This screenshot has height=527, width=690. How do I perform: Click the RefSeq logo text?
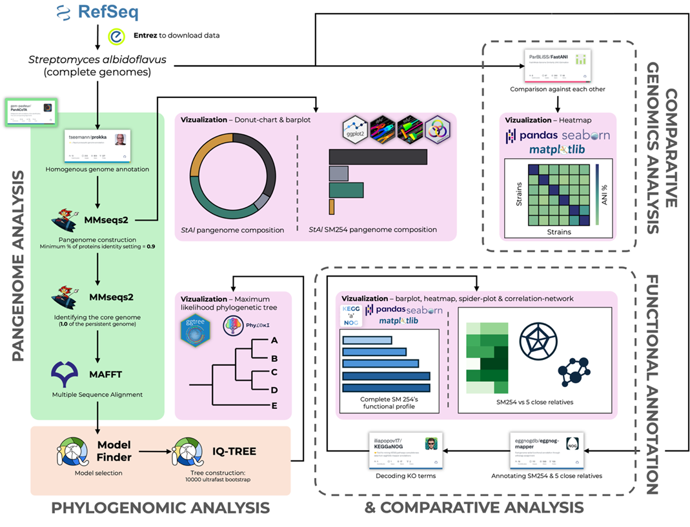coord(108,12)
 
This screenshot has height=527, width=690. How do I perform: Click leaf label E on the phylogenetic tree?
coord(274,405)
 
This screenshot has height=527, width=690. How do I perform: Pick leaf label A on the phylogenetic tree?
coord(274,341)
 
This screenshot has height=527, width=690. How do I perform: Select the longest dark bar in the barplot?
coord(378,157)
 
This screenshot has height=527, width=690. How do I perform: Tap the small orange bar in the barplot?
coord(331,206)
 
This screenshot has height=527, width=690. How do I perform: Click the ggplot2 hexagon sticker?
coord(354,130)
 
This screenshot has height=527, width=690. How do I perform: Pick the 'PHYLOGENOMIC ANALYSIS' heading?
coord(161,508)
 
